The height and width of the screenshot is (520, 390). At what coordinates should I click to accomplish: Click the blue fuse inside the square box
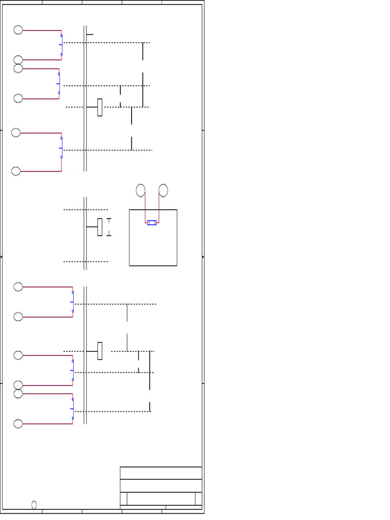click(x=152, y=222)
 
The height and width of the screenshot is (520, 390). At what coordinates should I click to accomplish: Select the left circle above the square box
click(x=141, y=190)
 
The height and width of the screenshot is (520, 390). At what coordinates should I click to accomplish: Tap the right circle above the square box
click(x=163, y=190)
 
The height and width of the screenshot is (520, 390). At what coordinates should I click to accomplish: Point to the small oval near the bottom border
click(x=34, y=505)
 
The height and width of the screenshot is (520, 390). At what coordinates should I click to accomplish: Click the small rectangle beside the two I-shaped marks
click(x=100, y=227)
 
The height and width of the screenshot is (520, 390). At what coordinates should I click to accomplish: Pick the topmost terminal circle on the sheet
click(x=18, y=30)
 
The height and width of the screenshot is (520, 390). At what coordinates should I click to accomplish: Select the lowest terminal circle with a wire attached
click(x=18, y=424)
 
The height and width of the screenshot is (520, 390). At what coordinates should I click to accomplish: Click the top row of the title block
click(x=161, y=473)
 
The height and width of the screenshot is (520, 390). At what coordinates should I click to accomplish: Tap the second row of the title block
click(x=161, y=485)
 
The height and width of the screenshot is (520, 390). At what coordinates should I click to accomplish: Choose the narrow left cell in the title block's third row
click(x=123, y=499)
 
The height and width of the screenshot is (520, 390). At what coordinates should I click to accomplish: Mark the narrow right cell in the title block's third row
click(x=199, y=499)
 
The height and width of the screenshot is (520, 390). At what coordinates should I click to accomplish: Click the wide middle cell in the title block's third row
click(x=161, y=499)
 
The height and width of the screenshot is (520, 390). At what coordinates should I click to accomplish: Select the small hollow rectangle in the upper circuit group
click(x=100, y=107)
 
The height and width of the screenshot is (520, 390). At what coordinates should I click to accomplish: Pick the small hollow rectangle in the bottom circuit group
click(x=100, y=351)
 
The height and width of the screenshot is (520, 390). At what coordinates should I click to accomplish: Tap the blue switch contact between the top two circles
click(x=61, y=45)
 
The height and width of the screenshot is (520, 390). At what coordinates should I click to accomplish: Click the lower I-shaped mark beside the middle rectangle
click(x=109, y=234)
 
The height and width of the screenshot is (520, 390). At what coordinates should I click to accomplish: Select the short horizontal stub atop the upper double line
click(x=89, y=35)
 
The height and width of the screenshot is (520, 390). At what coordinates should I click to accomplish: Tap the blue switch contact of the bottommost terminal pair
click(x=72, y=409)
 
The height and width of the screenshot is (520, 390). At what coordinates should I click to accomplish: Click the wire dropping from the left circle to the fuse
click(x=146, y=209)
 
